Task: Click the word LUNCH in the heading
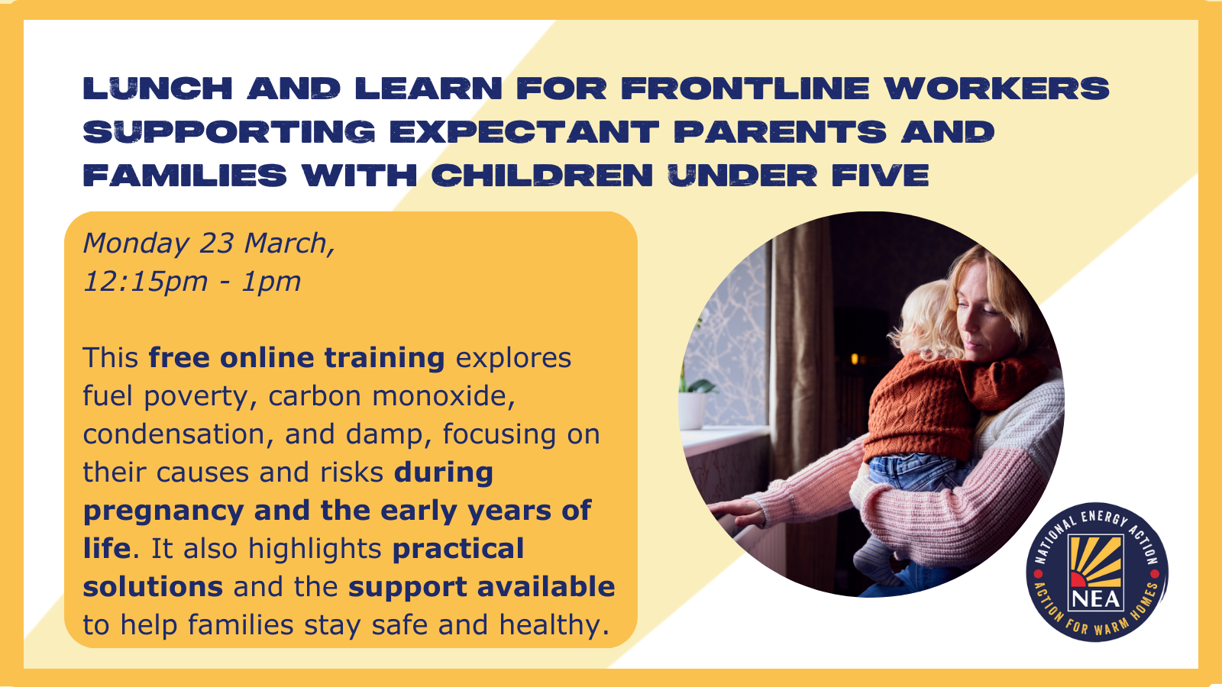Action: point(157,89)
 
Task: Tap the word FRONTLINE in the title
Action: point(745,89)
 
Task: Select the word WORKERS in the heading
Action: point(997,89)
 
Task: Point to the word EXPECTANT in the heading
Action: point(524,132)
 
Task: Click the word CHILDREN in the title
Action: point(542,176)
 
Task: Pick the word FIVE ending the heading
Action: point(880,176)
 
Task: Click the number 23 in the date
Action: point(216,244)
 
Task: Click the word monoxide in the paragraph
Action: point(444,396)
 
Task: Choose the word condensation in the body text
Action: point(179,434)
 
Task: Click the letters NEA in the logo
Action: point(1096,599)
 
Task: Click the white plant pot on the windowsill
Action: point(692,411)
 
